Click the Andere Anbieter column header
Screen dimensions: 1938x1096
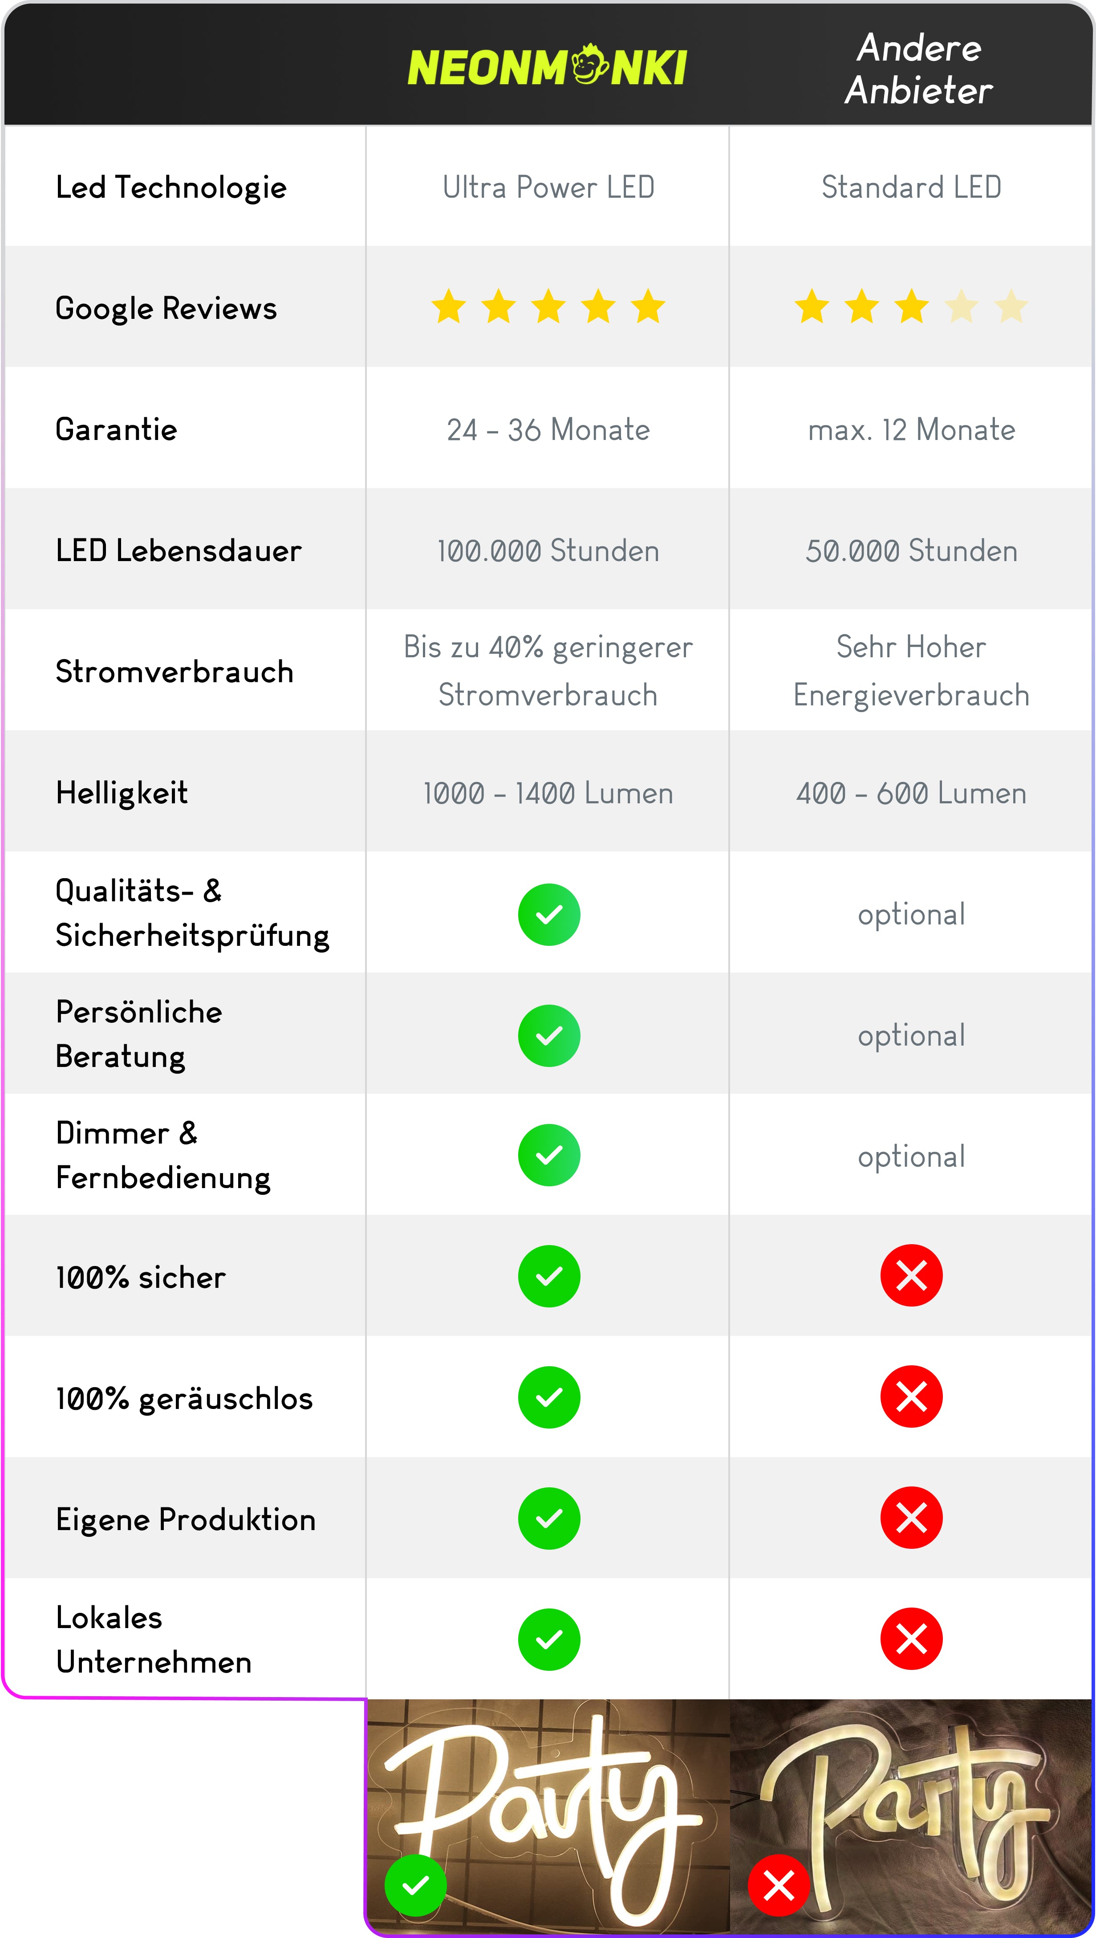coord(918,69)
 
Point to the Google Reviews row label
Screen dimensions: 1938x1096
coord(166,309)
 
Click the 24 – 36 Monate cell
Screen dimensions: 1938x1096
coord(548,430)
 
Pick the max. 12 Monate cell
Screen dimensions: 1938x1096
coord(911,430)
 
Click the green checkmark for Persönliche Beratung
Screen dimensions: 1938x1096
coord(549,1035)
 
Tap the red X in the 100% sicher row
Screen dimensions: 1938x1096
coord(911,1275)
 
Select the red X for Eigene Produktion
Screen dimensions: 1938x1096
coord(911,1518)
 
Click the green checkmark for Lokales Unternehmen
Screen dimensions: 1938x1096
coord(549,1639)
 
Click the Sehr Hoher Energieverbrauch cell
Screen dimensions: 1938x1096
coord(911,671)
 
